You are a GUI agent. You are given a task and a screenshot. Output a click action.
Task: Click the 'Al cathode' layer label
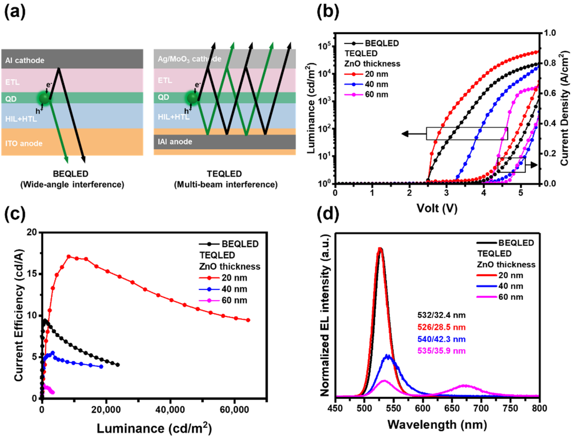(25, 60)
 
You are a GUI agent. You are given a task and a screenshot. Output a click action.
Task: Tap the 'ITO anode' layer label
(24, 144)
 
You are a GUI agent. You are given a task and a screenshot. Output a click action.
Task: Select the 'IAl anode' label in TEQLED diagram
(175, 142)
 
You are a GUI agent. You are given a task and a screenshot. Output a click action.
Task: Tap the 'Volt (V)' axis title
(437, 208)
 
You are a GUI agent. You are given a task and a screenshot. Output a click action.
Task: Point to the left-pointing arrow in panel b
(413, 134)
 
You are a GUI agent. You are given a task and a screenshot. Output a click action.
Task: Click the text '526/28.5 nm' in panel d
(441, 327)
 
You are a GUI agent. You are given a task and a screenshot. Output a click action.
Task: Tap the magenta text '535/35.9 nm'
(441, 351)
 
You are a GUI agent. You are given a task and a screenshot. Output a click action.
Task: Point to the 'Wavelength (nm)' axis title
(437, 425)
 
